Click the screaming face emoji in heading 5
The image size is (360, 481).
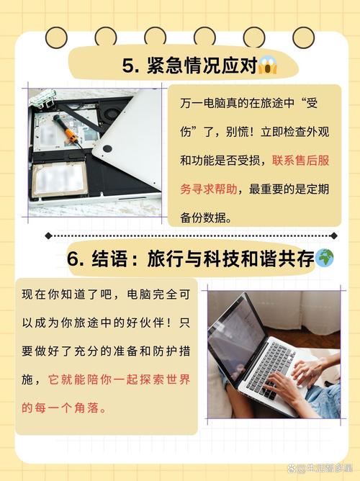pyautogui.click(x=266, y=66)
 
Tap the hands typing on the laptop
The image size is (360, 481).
pyautogui.click(x=302, y=378)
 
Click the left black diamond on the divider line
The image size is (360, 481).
pyautogui.click(x=48, y=235)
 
